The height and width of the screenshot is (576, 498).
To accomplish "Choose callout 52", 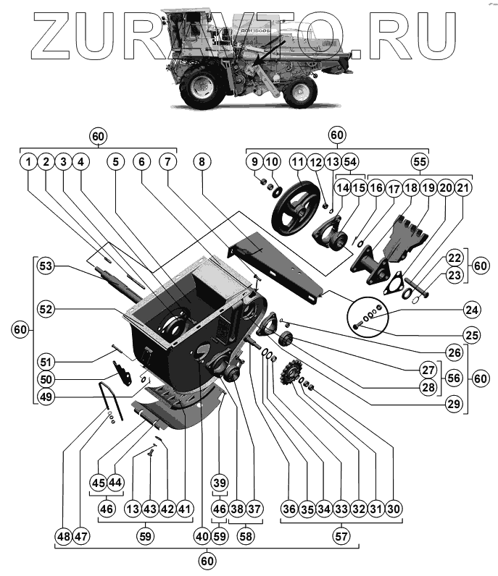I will (46, 309).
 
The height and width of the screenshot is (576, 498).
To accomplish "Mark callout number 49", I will (46, 397).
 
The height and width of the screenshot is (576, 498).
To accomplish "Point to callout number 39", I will (219, 483).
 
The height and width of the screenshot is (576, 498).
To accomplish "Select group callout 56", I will (455, 378).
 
